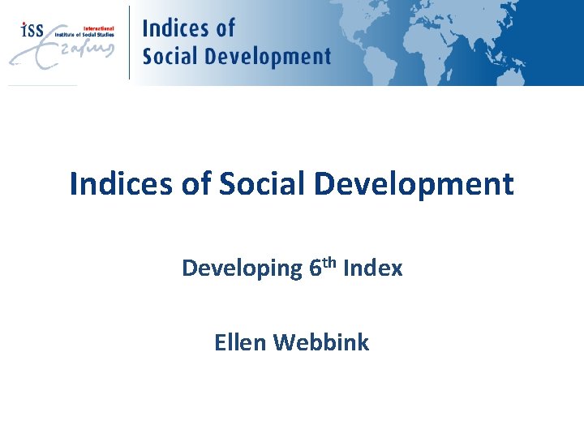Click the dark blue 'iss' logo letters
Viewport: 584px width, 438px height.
coord(32,30)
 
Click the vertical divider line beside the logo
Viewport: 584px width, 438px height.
coord(130,42)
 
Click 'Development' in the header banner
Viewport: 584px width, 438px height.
coord(268,56)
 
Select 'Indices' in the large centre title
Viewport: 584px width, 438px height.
coord(118,183)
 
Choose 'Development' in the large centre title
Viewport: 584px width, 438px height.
coord(414,184)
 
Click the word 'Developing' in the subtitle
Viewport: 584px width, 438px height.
coord(241,268)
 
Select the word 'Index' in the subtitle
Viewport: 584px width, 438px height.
coord(372,268)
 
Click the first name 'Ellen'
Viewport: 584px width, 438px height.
coord(240,342)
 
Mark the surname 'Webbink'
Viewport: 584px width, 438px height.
coord(321,342)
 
